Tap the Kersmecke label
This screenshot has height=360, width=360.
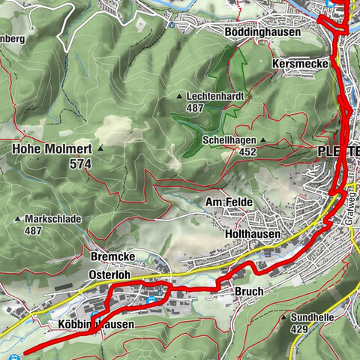pyautogui.click(x=301, y=65)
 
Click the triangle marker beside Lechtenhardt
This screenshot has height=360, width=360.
pyautogui.click(x=179, y=97)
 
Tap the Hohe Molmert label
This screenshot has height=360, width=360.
pyautogui.click(x=51, y=149)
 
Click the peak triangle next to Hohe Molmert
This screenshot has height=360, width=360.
pyautogui.click(x=100, y=149)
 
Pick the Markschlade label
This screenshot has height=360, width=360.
pyautogui.click(x=53, y=219)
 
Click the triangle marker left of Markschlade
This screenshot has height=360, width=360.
pyautogui.click(x=18, y=219)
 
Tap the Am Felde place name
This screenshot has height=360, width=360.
pyautogui.click(x=229, y=203)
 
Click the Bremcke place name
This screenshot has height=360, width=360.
pyautogui.click(x=110, y=256)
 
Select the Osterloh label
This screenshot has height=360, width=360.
pyautogui.click(x=109, y=275)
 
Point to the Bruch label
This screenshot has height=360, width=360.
pyautogui.click(x=248, y=291)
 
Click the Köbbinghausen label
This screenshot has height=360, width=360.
pyautogui.click(x=95, y=325)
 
